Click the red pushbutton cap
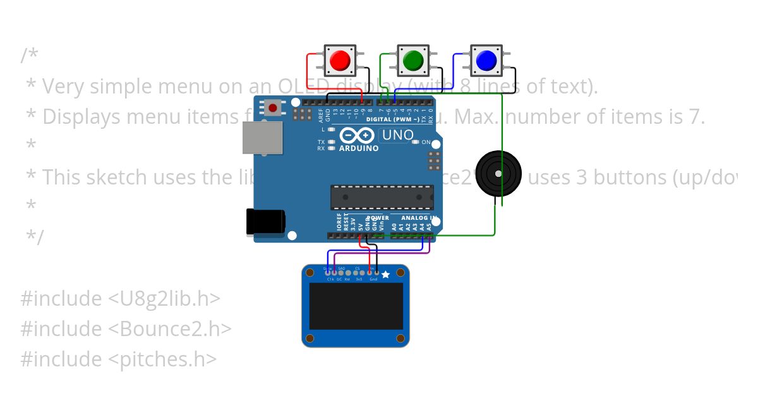coord(340,61)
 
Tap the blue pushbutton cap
coord(486,61)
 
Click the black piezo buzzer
coord(499,173)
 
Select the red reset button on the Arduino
coord(273,108)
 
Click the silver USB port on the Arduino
coord(263,138)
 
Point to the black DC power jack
coord(265,222)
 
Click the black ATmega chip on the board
coord(382,197)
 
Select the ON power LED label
coord(426,142)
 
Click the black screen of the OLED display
coord(356,306)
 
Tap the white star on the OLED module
coord(385,274)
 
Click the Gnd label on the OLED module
coord(373,279)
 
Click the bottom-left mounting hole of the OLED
coord(310,339)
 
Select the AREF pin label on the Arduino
coord(320,114)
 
